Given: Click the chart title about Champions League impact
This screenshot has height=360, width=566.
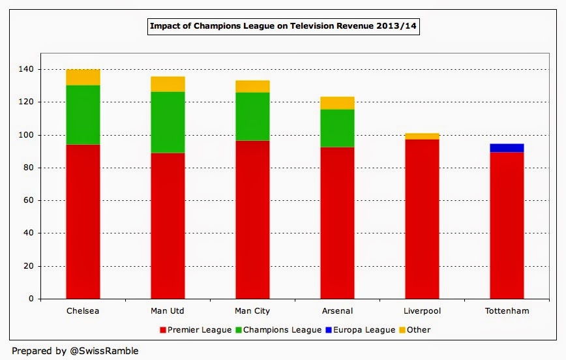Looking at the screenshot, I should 282,27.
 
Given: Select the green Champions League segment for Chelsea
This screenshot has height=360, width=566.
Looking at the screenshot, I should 83,115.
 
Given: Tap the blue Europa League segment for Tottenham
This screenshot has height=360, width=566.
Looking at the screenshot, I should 507,148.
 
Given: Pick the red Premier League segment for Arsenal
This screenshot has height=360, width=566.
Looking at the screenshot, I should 337,222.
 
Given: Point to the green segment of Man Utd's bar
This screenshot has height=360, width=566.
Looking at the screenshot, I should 168,122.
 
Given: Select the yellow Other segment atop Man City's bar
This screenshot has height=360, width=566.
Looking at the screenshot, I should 252,86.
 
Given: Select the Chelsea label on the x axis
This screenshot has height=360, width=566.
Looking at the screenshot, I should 83,311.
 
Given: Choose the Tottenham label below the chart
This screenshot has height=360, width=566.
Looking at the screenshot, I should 507,311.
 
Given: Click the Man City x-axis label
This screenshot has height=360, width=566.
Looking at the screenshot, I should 252,311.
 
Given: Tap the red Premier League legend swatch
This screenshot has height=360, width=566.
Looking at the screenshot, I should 162,330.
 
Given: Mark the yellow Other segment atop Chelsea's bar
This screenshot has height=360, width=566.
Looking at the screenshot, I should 83,77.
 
